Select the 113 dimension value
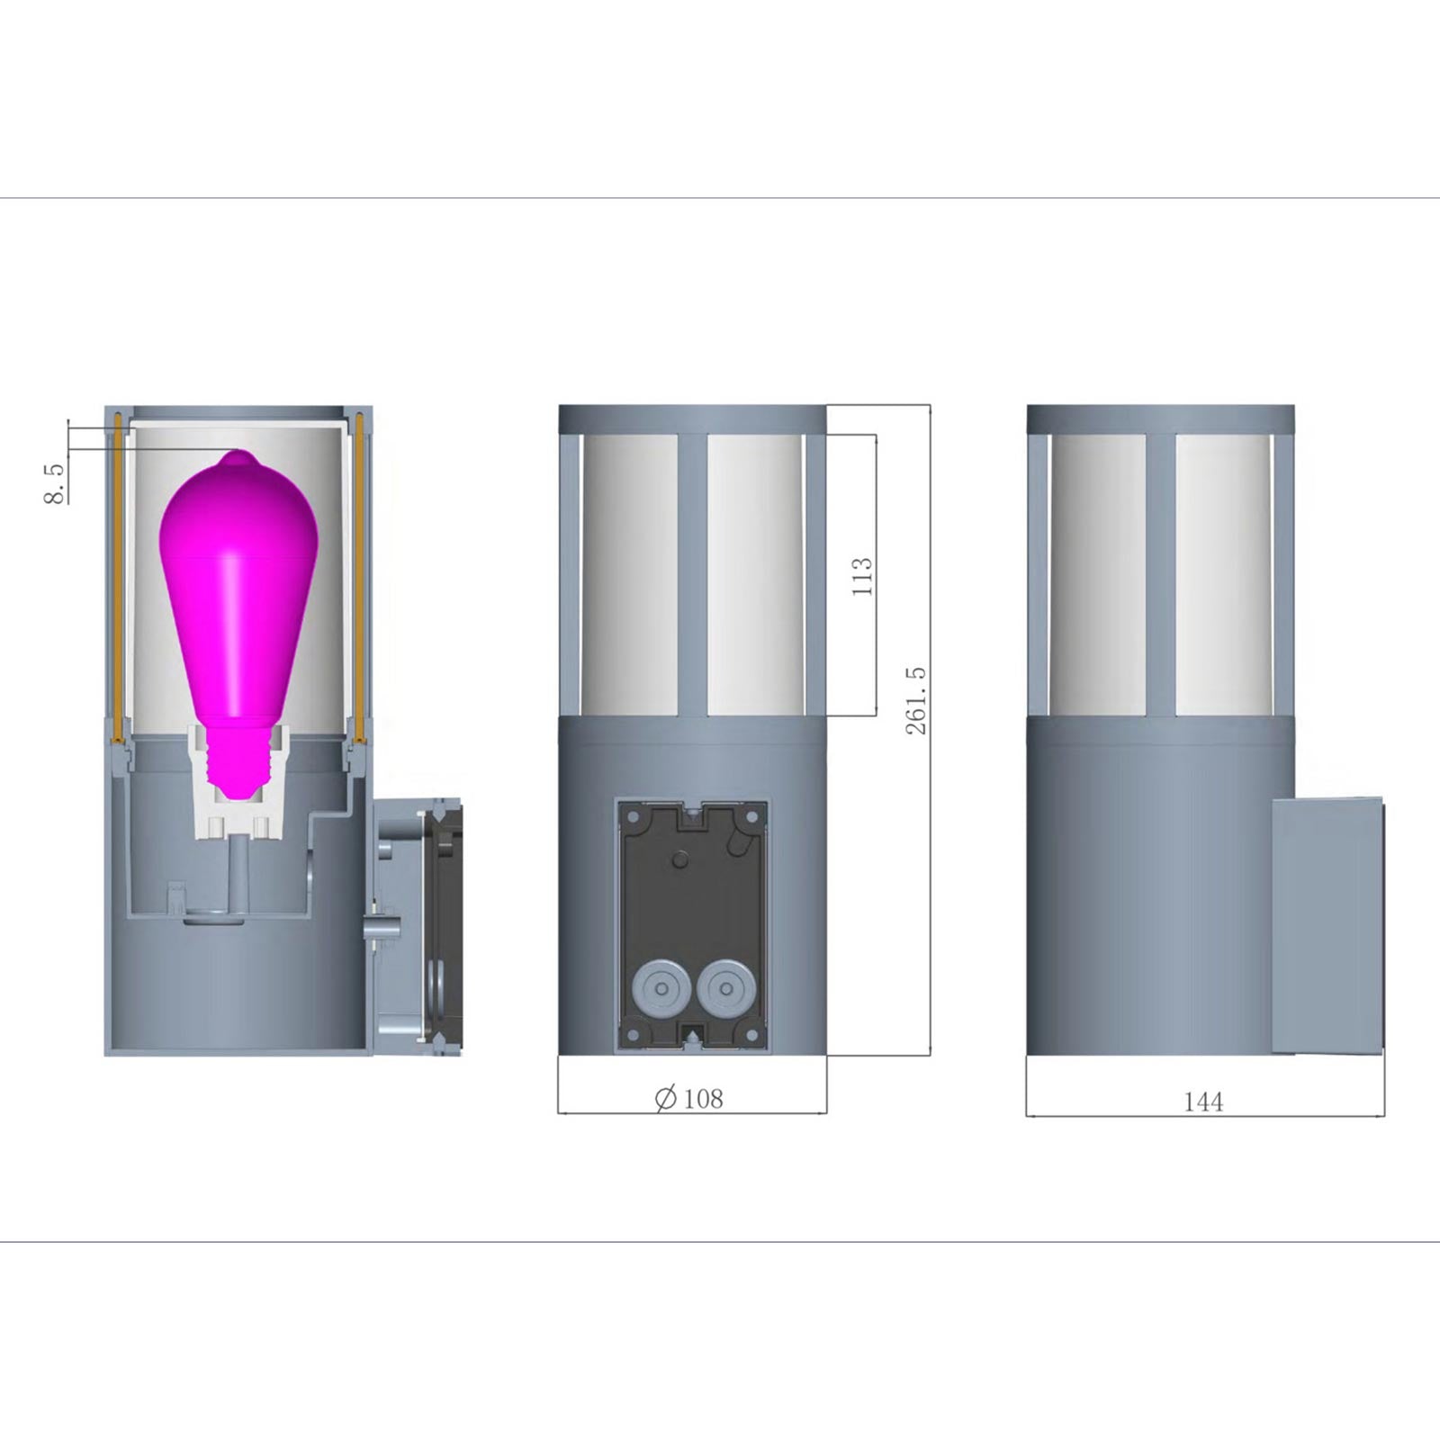pyautogui.click(x=861, y=576)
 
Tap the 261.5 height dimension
pyautogui.click(x=915, y=701)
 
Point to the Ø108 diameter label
pyautogui.click(x=689, y=1099)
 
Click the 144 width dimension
pyautogui.click(x=1203, y=1102)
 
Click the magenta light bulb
pyautogui.click(x=238, y=621)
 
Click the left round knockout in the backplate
pyautogui.click(x=661, y=988)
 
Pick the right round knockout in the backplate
pyautogui.click(x=724, y=988)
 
